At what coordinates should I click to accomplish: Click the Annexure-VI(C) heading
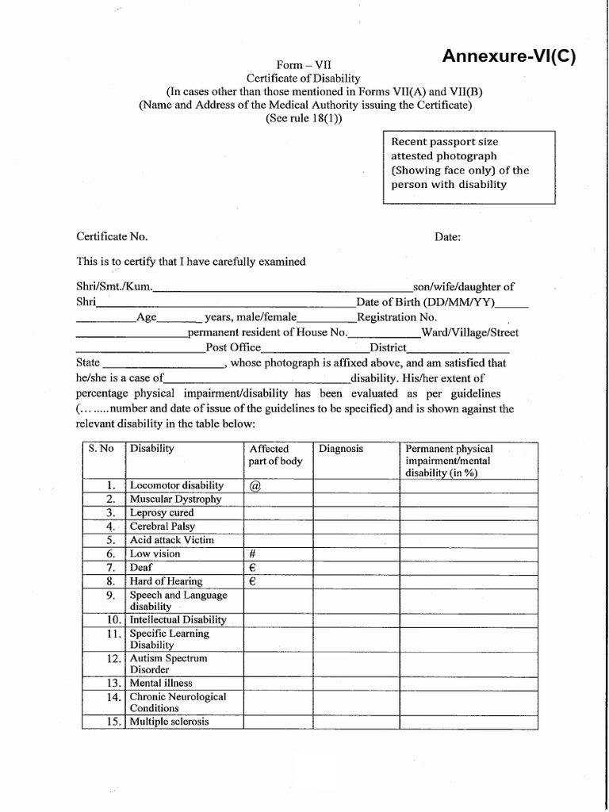pyautogui.click(x=508, y=56)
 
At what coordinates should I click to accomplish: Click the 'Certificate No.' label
pyautogui.click(x=112, y=236)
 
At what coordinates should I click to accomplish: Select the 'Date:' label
pyautogui.click(x=448, y=236)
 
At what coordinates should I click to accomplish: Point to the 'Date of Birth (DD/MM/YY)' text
pyautogui.click(x=427, y=302)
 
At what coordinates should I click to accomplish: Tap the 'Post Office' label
pyautogui.click(x=232, y=347)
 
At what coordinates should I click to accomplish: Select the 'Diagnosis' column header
pyautogui.click(x=341, y=449)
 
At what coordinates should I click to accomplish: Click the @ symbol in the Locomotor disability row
pyautogui.click(x=255, y=485)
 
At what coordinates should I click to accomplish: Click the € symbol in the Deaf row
pyautogui.click(x=251, y=568)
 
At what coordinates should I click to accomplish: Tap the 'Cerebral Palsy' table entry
pyautogui.click(x=162, y=527)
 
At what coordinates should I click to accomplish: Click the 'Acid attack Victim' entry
pyautogui.click(x=167, y=540)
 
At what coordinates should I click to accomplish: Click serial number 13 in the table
pyautogui.click(x=113, y=683)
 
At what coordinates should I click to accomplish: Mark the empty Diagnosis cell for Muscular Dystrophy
pyautogui.click(x=356, y=500)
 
